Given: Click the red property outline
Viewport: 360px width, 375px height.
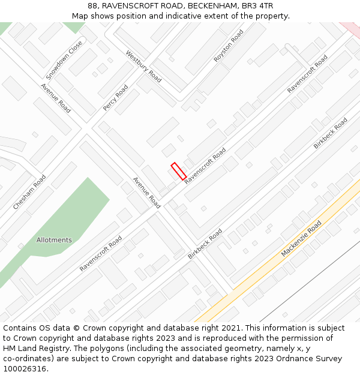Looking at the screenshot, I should pyautogui.click(x=178, y=171).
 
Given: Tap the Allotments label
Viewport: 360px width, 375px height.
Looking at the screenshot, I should pyautogui.click(x=54, y=240).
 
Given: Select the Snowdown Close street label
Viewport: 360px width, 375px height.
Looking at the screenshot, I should pyautogui.click(x=64, y=61).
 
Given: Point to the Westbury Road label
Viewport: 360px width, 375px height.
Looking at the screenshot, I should pyautogui.click(x=143, y=66).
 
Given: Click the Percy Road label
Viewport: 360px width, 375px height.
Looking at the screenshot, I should pyautogui.click(x=115, y=98).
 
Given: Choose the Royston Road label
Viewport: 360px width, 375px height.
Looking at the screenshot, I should pyautogui.click(x=229, y=47).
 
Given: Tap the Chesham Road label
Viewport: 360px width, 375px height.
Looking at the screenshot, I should pyautogui.click(x=29, y=192).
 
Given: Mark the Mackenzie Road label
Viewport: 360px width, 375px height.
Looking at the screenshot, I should pyautogui.click(x=301, y=239).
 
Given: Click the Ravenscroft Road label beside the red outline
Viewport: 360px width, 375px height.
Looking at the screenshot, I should pyautogui.click(x=205, y=166).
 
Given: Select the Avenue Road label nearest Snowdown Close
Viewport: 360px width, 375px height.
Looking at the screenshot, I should pyautogui.click(x=56, y=98).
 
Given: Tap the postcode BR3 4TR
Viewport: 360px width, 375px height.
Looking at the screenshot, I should pyautogui.click(x=257, y=6).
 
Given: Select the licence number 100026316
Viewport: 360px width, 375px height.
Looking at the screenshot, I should pyautogui.click(x=25, y=369).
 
